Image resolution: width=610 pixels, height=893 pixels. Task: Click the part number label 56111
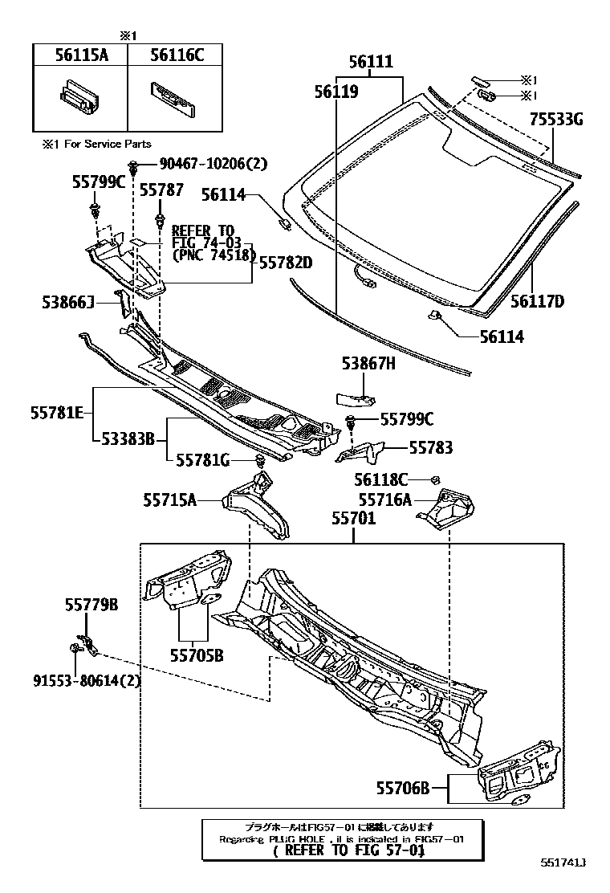click(x=371, y=62)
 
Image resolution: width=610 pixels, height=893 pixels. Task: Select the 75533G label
click(x=555, y=120)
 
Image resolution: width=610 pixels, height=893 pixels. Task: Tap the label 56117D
click(x=538, y=302)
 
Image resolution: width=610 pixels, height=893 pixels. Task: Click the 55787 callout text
click(x=161, y=190)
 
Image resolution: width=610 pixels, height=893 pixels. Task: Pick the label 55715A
click(x=170, y=500)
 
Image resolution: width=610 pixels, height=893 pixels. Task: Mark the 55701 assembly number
click(x=353, y=520)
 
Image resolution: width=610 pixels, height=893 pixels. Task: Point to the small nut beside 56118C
click(x=434, y=479)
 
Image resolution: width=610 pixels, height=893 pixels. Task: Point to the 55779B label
click(x=91, y=606)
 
